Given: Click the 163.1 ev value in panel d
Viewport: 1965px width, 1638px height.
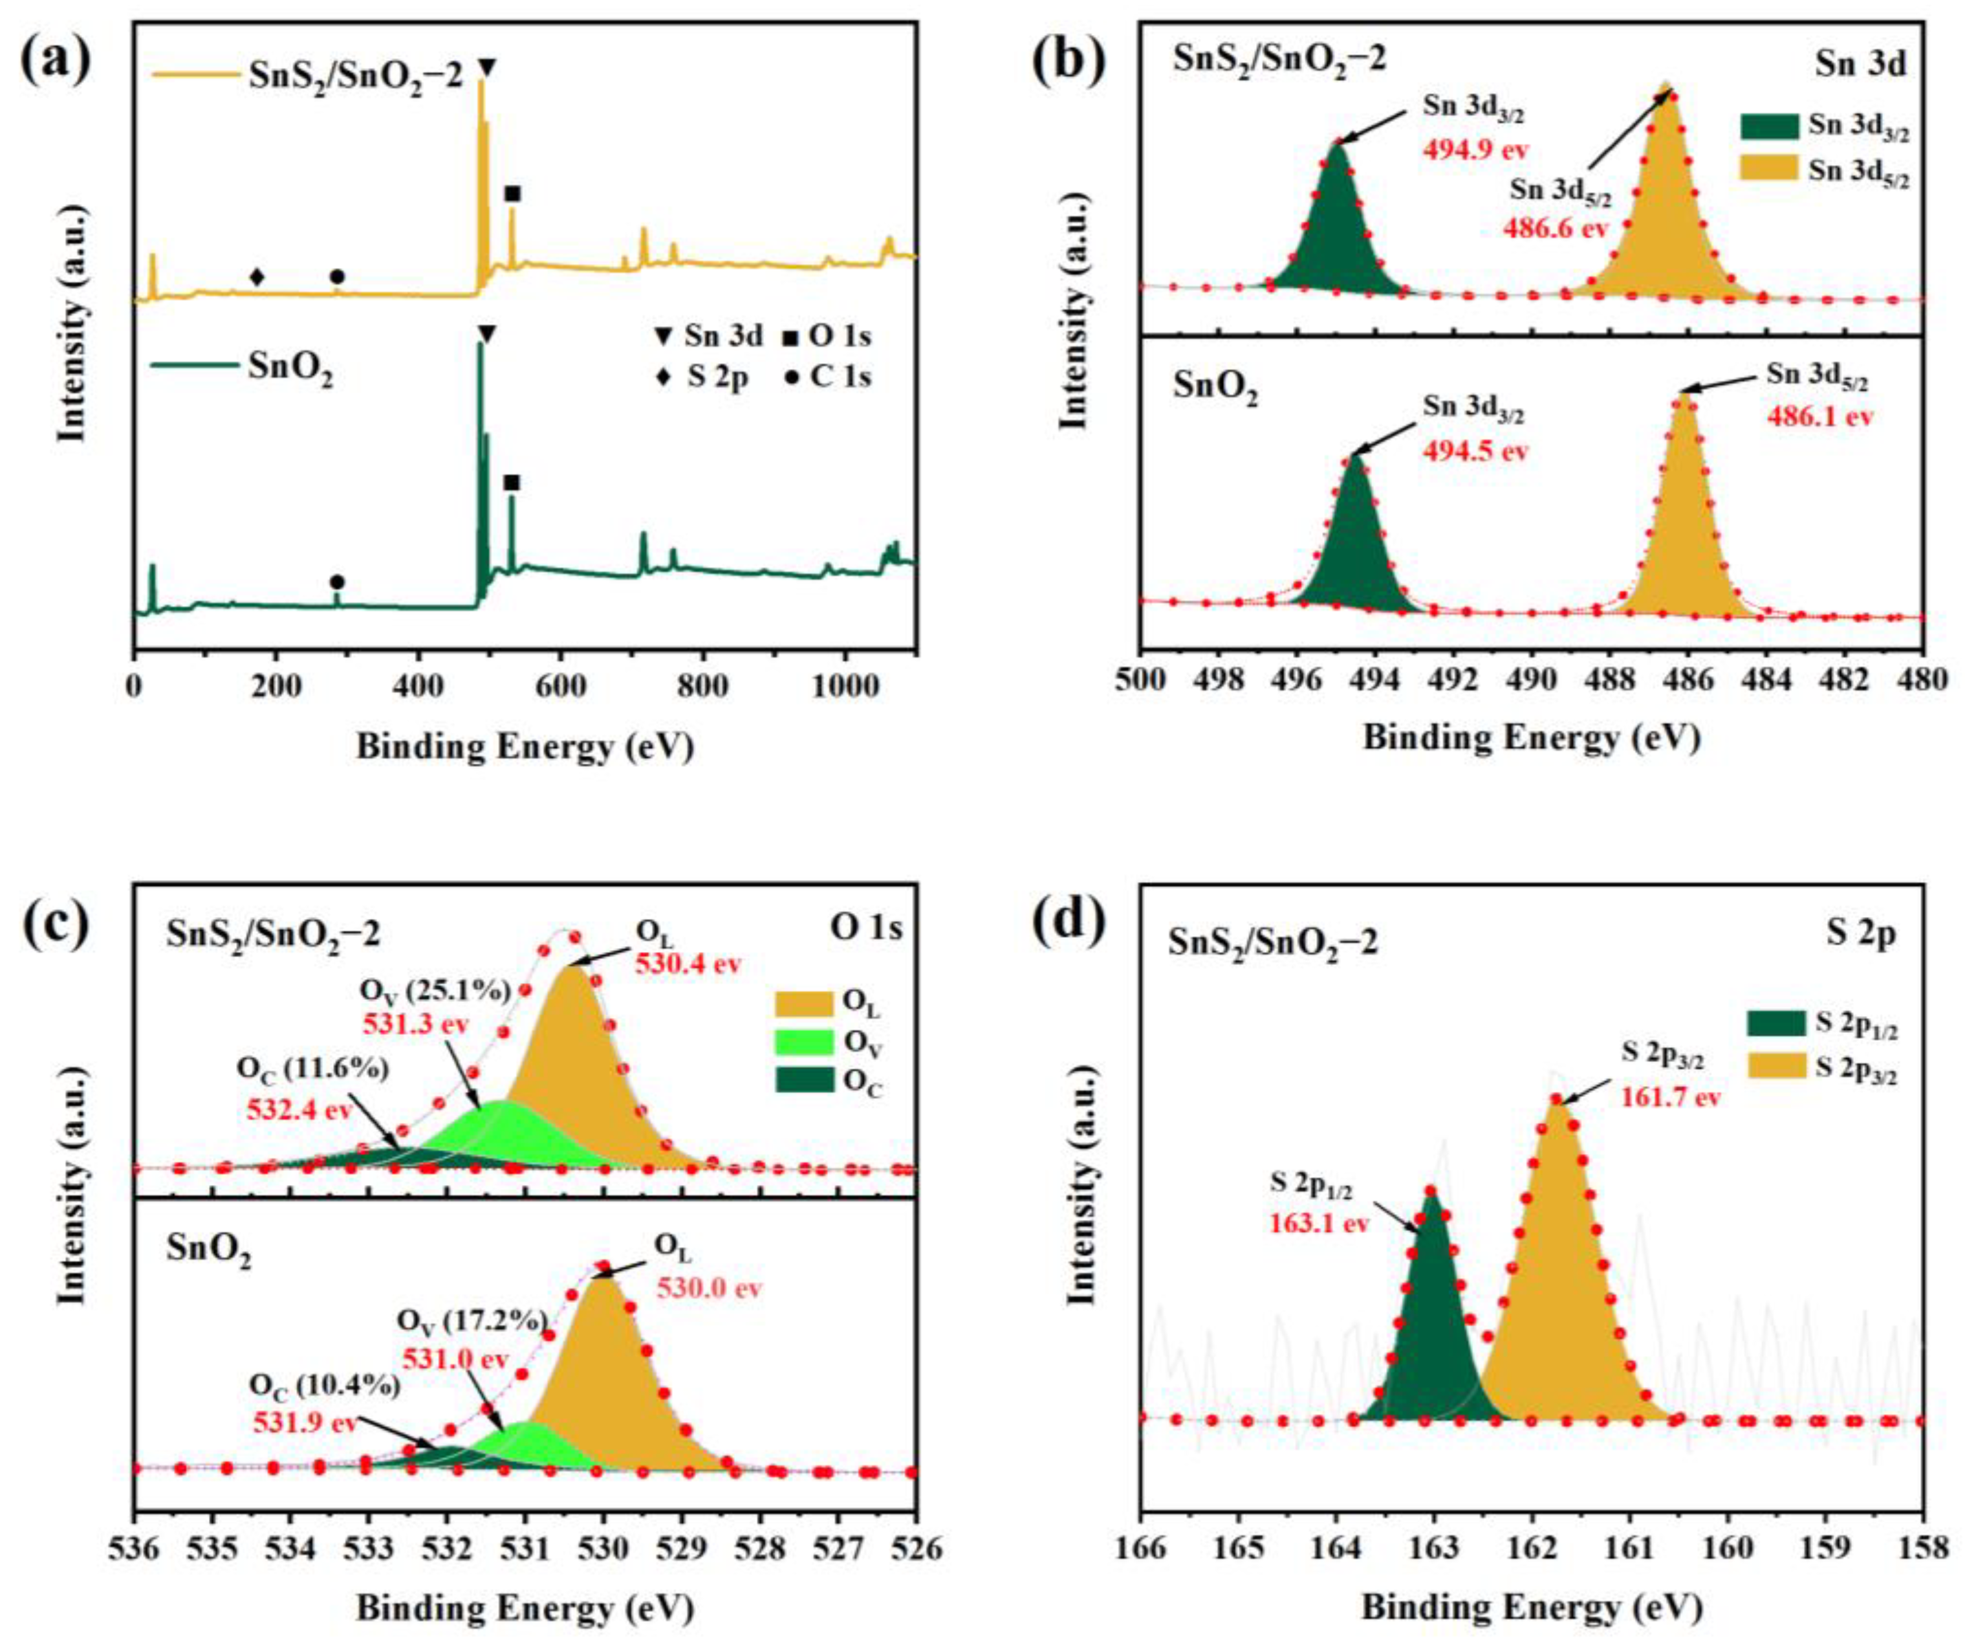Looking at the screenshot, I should coord(1318,1223).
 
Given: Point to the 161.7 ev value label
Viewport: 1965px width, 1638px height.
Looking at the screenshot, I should coord(1670,1097).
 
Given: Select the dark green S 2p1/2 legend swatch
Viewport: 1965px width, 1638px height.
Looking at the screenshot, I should coord(1775,1023).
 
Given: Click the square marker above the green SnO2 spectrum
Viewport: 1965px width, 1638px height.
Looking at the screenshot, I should coord(511,483).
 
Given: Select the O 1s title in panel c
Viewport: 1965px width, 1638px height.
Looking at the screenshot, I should coord(865,929).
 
